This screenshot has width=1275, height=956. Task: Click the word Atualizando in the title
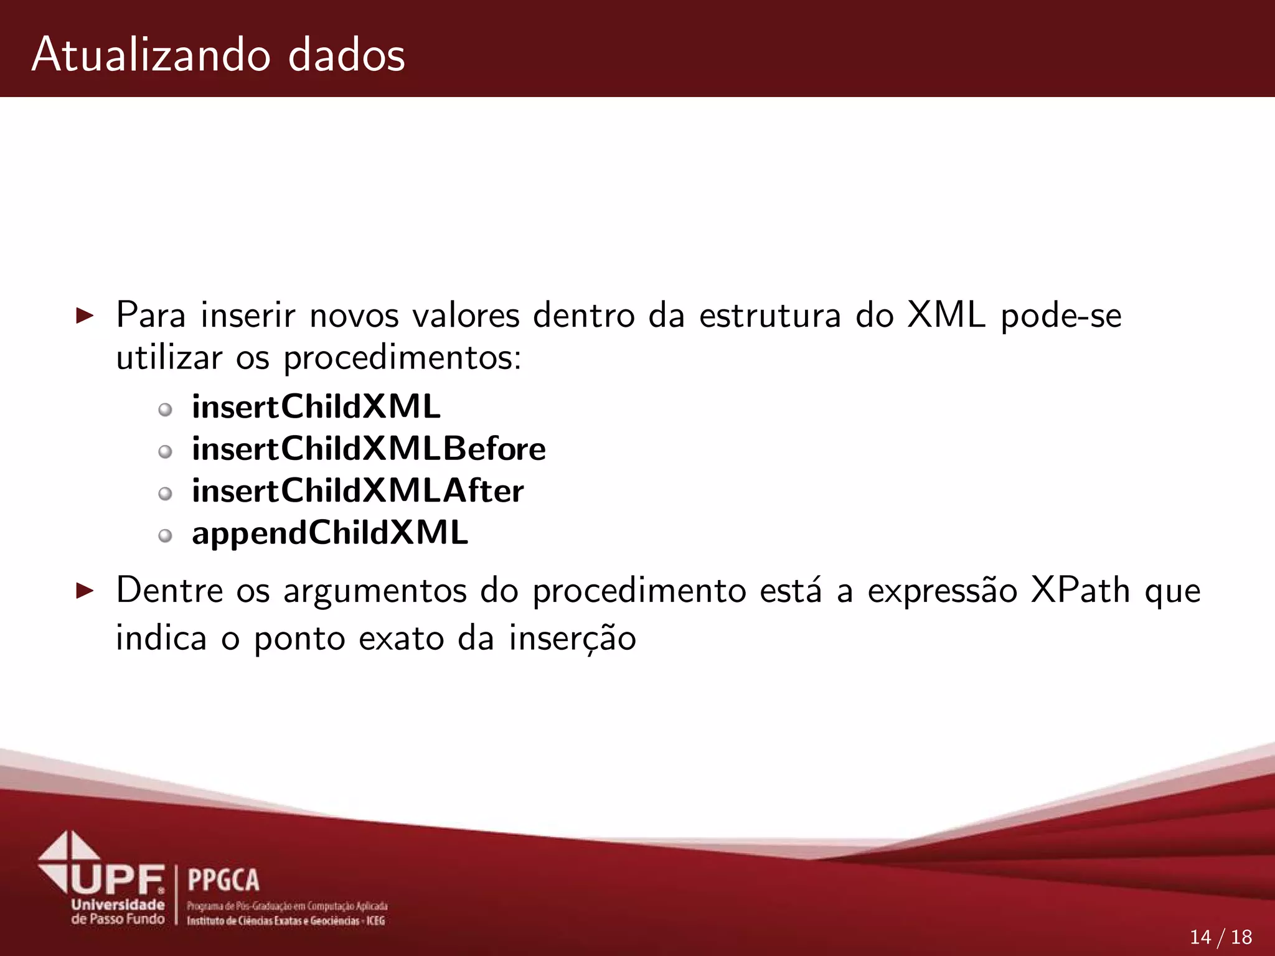(x=151, y=55)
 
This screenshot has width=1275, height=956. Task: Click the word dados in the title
(x=346, y=55)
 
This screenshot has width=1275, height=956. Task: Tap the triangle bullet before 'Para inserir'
(x=84, y=316)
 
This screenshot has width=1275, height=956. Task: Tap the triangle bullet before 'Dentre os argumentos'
(x=84, y=591)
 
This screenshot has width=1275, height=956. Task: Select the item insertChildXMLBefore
(x=369, y=449)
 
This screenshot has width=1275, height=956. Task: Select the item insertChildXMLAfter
(x=357, y=491)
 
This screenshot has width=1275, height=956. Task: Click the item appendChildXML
(x=330, y=533)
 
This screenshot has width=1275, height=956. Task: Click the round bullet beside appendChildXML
(x=165, y=536)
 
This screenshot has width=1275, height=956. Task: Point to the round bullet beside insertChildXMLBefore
(x=165, y=452)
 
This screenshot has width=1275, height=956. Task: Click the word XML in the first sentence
(x=946, y=315)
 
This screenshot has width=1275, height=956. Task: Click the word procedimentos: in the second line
(x=402, y=358)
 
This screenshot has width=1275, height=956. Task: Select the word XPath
(x=1080, y=590)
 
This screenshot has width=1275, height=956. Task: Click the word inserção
(x=572, y=639)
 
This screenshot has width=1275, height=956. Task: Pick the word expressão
(x=943, y=591)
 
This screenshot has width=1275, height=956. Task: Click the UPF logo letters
(x=118, y=879)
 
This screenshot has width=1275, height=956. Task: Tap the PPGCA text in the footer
(x=223, y=880)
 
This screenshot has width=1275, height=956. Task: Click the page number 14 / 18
(x=1220, y=937)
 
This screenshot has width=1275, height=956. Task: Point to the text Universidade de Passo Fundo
(x=118, y=912)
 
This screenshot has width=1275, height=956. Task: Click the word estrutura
(x=770, y=315)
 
